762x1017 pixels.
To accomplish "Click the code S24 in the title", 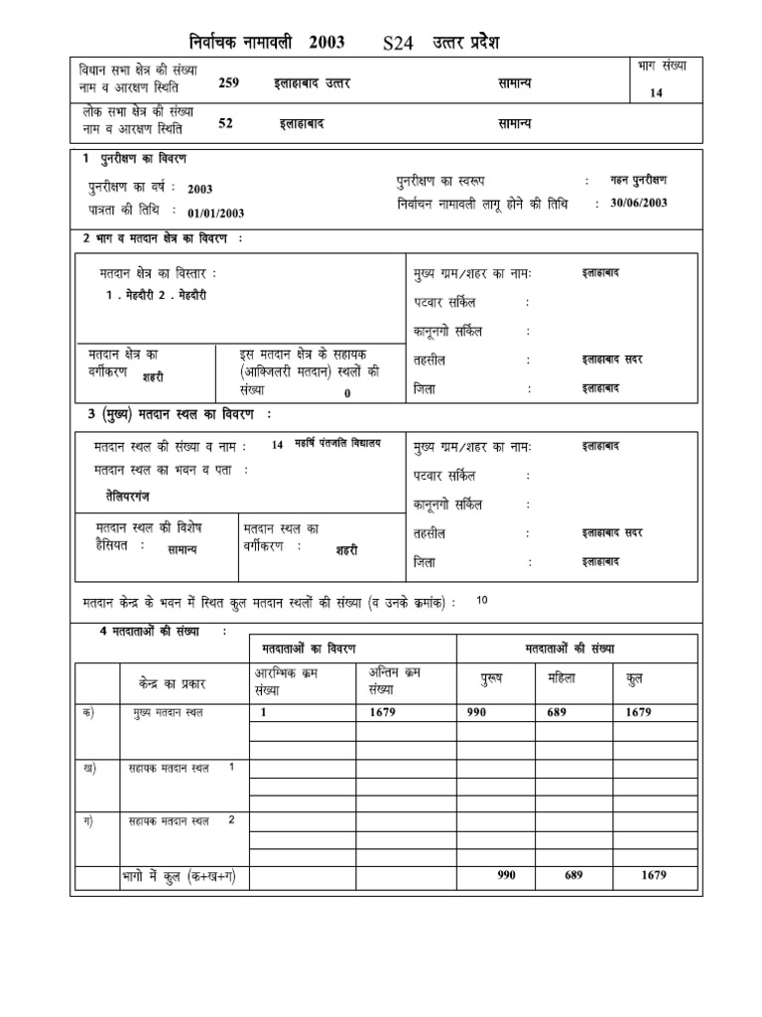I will pyautogui.click(x=400, y=44).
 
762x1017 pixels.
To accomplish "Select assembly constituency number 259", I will pyautogui.click(x=229, y=83).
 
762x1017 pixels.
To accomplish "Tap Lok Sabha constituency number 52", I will pyautogui.click(x=225, y=124).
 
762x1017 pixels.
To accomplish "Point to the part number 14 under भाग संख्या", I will pyautogui.click(x=656, y=92).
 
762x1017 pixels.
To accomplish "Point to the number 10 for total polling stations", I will pyautogui.click(x=482, y=601).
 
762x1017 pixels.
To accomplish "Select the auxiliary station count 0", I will pyautogui.click(x=347, y=393).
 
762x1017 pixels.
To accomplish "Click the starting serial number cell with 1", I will pyautogui.click(x=264, y=712).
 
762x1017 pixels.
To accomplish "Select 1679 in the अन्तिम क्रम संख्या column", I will pyautogui.click(x=383, y=712).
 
